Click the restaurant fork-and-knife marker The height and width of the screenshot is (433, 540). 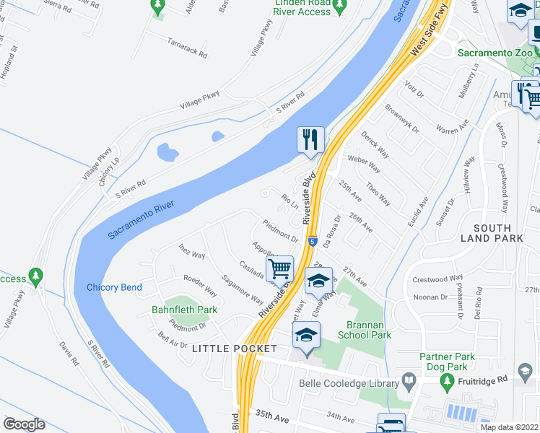tap(311, 139)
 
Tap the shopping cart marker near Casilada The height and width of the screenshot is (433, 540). tap(279, 269)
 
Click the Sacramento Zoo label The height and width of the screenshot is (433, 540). tap(496, 53)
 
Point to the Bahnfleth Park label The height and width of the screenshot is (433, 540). tap(184, 310)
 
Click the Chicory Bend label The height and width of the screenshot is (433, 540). tap(114, 287)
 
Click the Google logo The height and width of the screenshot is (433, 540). tap(24, 424)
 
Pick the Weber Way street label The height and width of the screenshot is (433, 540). tap(365, 163)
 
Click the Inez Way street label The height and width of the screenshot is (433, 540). tap(192, 251)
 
